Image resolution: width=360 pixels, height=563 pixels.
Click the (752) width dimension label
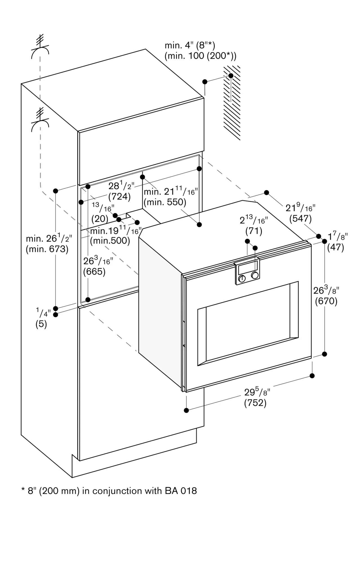click(x=255, y=403)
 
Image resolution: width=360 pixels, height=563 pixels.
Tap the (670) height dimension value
click(x=326, y=301)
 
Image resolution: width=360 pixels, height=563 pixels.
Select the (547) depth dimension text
click(x=301, y=218)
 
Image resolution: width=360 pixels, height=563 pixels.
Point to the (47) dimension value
click(x=335, y=247)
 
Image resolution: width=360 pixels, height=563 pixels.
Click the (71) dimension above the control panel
click(x=254, y=231)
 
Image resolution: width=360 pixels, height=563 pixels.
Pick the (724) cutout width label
click(x=119, y=196)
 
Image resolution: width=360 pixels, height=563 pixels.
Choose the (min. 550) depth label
click(x=165, y=202)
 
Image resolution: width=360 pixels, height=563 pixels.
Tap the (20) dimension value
click(x=100, y=219)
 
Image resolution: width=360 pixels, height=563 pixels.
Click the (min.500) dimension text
click(x=110, y=241)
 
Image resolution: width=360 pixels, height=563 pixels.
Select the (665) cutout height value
click(x=94, y=272)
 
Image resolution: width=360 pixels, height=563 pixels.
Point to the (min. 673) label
click(x=47, y=249)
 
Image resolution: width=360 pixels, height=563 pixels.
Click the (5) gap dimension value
click(x=41, y=324)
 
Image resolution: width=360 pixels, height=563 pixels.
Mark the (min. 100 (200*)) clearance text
click(x=201, y=56)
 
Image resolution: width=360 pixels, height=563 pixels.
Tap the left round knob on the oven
click(x=242, y=279)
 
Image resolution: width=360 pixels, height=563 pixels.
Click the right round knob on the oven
click(x=255, y=275)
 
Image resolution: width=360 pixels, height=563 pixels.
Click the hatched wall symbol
click(x=232, y=103)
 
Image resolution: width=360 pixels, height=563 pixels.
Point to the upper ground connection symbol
click(x=40, y=48)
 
